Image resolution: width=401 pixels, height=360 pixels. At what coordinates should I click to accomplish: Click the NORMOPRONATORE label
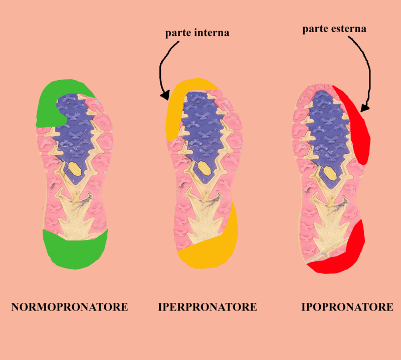coord(70,307)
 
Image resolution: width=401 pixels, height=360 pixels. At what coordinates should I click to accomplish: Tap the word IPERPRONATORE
coord(208,307)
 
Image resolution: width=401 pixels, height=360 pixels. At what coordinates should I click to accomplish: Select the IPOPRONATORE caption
coord(347,307)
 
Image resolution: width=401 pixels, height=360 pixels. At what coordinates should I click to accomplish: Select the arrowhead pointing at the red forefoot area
coord(365,108)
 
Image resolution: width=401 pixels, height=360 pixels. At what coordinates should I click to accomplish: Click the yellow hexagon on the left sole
coord(75,169)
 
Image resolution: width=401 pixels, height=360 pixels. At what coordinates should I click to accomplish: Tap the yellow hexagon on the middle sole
coord(205,168)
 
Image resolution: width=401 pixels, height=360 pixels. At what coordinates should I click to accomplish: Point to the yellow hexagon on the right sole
coord(330,173)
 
